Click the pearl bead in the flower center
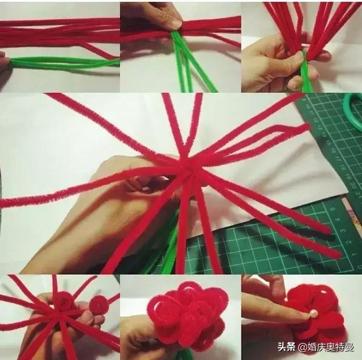(x=309, y=313)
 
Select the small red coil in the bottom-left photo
(x=99, y=305)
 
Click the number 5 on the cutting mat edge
(x=333, y=209)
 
